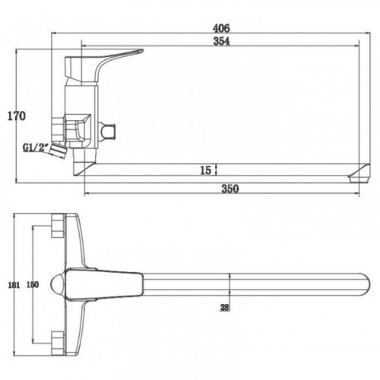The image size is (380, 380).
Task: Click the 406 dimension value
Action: click(221, 28)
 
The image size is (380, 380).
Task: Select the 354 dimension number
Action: click(221, 41)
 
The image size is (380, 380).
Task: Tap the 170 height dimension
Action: click(17, 116)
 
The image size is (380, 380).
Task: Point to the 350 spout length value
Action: click(230, 189)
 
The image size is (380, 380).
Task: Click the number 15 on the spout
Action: click(205, 170)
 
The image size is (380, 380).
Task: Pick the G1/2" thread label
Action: click(36, 147)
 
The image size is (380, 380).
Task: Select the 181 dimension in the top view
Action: click(14, 285)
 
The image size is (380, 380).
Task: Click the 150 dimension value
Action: click(33, 284)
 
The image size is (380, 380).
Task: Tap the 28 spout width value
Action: click(224, 308)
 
